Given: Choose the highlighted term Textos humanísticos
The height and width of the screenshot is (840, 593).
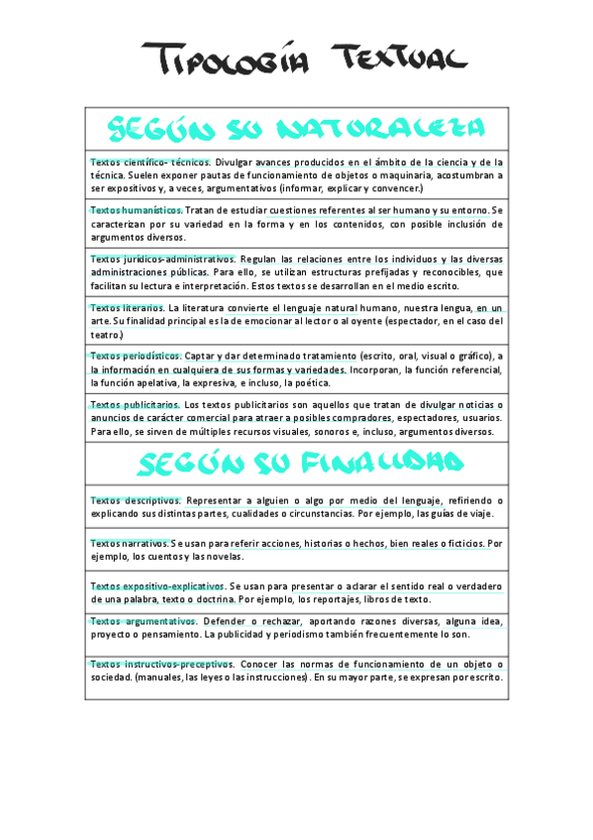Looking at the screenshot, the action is click(x=137, y=210).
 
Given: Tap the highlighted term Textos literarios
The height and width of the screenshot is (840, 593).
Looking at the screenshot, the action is click(x=127, y=307).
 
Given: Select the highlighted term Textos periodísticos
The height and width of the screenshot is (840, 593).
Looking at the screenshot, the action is click(x=136, y=356).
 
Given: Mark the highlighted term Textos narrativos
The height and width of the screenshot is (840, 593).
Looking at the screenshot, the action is click(x=129, y=544).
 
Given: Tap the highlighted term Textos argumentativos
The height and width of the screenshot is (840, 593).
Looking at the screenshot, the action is click(x=143, y=621).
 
